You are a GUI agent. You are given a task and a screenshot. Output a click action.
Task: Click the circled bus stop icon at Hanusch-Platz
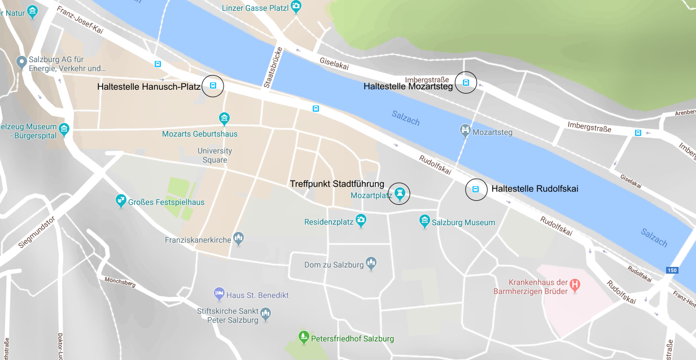[213, 86]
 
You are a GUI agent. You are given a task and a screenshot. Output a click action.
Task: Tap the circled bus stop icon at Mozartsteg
[466, 83]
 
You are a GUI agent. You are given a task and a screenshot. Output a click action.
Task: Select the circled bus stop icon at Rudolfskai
[476, 190]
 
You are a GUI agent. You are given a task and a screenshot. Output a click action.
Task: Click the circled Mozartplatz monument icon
[400, 193]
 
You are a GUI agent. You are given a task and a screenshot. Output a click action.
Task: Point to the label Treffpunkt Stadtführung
[336, 184]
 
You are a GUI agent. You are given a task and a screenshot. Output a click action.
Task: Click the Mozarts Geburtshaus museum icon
[225, 118]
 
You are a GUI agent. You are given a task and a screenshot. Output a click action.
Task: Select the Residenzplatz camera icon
[361, 221]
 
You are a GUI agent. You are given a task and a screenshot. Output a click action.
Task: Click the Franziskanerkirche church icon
[239, 239]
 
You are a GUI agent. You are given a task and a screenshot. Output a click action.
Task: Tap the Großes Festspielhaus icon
[121, 200]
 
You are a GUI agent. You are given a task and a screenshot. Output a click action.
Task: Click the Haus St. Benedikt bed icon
[219, 294]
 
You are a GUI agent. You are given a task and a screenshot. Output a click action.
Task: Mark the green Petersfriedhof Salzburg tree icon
[304, 337]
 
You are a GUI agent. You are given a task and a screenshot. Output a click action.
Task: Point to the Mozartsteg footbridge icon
[465, 131]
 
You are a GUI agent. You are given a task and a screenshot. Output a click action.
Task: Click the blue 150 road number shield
[671, 270]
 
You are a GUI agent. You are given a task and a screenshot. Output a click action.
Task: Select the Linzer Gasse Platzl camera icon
[296, 7]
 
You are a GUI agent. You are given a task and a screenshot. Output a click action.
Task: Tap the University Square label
[215, 155]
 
